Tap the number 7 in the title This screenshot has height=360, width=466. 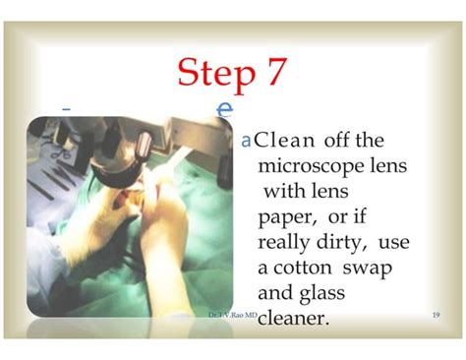[276, 73]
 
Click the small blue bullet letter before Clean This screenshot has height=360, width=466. [246, 142]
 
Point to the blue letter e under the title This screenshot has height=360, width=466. [225, 107]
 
